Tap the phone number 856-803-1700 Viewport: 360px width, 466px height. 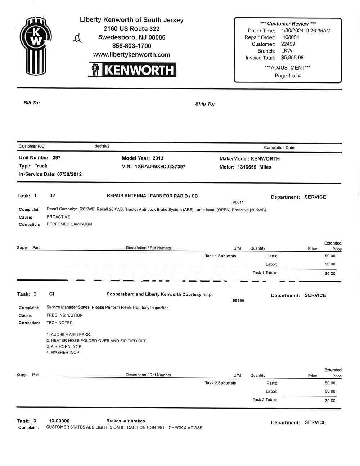click(132, 46)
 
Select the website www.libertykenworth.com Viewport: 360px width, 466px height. click(131, 55)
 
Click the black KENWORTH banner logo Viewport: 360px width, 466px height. click(132, 70)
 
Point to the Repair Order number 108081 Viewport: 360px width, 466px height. click(291, 37)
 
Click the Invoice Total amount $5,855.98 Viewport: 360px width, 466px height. click(292, 58)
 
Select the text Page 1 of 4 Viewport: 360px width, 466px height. click(288, 76)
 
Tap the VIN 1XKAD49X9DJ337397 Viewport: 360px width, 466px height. click(160, 167)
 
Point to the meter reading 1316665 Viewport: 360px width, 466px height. click(247, 167)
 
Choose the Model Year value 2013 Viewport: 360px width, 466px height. click(158, 158)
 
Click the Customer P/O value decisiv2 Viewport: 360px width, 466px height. click(102, 146)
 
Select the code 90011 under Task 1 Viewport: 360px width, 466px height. click(238, 202)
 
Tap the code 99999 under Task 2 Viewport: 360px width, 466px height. click(238, 300)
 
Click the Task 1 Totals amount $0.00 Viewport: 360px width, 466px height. click(330, 274)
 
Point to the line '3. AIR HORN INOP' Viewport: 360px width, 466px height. click(64, 346)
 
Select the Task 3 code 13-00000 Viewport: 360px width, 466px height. click(59, 421)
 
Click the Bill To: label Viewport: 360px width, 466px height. click(32, 103)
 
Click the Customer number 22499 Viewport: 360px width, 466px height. click(288, 44)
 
